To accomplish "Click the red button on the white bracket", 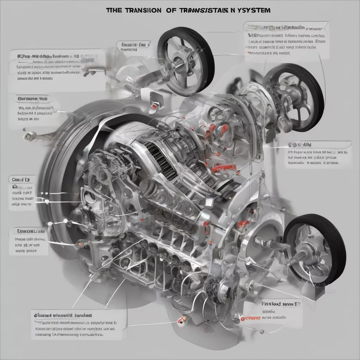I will click(x=154, y=106).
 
